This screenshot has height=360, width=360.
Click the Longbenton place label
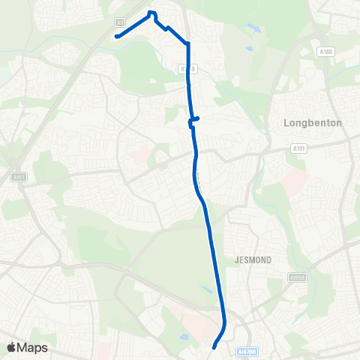coord(313,122)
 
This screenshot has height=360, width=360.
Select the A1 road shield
coord(120,22)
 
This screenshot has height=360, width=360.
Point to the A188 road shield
coord(325,52)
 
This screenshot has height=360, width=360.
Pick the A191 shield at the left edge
coord(18,177)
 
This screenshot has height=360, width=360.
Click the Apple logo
coord(12,347)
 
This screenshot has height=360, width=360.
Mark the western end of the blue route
coord(117,35)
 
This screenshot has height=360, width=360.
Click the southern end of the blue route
coord(214,347)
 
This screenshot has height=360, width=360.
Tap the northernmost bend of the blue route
coord(151,13)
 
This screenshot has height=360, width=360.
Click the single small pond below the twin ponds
coord(249,49)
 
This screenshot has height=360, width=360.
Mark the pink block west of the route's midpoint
coord(139,156)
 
